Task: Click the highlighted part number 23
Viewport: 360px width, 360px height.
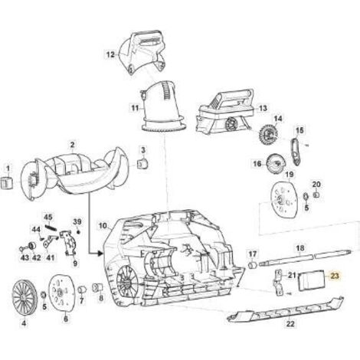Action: pyautogui.click(x=335, y=276)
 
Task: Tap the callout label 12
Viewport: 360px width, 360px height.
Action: pyautogui.click(x=110, y=54)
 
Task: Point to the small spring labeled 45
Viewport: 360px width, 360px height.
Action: pyautogui.click(x=51, y=227)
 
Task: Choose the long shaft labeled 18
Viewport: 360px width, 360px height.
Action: pyautogui.click(x=306, y=257)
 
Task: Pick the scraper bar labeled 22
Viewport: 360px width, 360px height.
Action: pyautogui.click(x=285, y=309)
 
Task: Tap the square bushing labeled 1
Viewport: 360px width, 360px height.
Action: pyautogui.click(x=7, y=183)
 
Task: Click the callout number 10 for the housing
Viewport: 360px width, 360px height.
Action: pyautogui.click(x=103, y=226)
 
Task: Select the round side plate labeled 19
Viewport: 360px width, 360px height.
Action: pyautogui.click(x=284, y=199)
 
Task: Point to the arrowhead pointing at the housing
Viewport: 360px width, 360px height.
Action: pyautogui.click(x=100, y=254)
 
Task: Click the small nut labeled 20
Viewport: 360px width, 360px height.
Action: pyautogui.click(x=316, y=195)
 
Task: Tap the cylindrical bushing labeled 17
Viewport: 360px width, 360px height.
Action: pyautogui.click(x=252, y=265)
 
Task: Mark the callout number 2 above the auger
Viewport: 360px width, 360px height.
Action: pyautogui.click(x=73, y=145)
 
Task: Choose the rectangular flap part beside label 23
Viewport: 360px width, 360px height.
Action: pyautogui.click(x=312, y=280)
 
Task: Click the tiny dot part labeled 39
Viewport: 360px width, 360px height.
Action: pyautogui.click(x=78, y=232)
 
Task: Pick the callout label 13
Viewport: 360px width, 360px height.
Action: pyautogui.click(x=263, y=108)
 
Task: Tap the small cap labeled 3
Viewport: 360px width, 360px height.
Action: pyautogui.click(x=143, y=164)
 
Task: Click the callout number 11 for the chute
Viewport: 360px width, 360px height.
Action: pyautogui.click(x=135, y=109)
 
